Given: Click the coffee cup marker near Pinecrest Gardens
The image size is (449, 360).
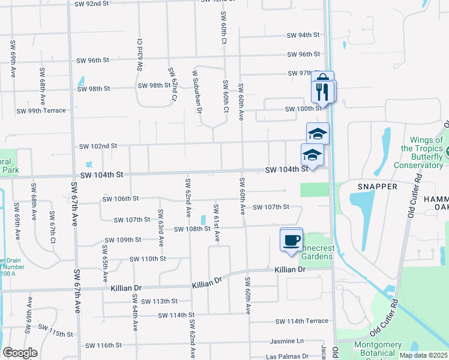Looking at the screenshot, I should pos(292,240).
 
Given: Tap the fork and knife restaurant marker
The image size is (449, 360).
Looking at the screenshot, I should pos(323,92).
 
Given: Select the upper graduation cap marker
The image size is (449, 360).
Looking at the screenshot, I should pos(318,133).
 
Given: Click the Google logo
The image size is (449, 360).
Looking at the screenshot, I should pos(20,353).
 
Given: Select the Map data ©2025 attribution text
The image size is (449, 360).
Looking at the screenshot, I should pos(423,355).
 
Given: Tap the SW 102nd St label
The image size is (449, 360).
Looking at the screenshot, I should pos(98,146).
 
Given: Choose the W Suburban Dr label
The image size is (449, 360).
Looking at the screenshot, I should pos(196,89).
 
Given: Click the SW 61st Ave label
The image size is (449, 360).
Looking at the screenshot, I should pos(217,226).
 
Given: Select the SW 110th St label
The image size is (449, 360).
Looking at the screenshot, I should pos(147,259).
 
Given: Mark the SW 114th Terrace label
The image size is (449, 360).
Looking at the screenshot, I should pos(309,321).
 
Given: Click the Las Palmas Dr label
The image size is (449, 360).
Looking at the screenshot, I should pos(288,356).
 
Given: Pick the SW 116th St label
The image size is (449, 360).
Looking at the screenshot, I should pos(103,345).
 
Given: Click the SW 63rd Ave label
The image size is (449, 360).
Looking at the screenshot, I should pos(161,227).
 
